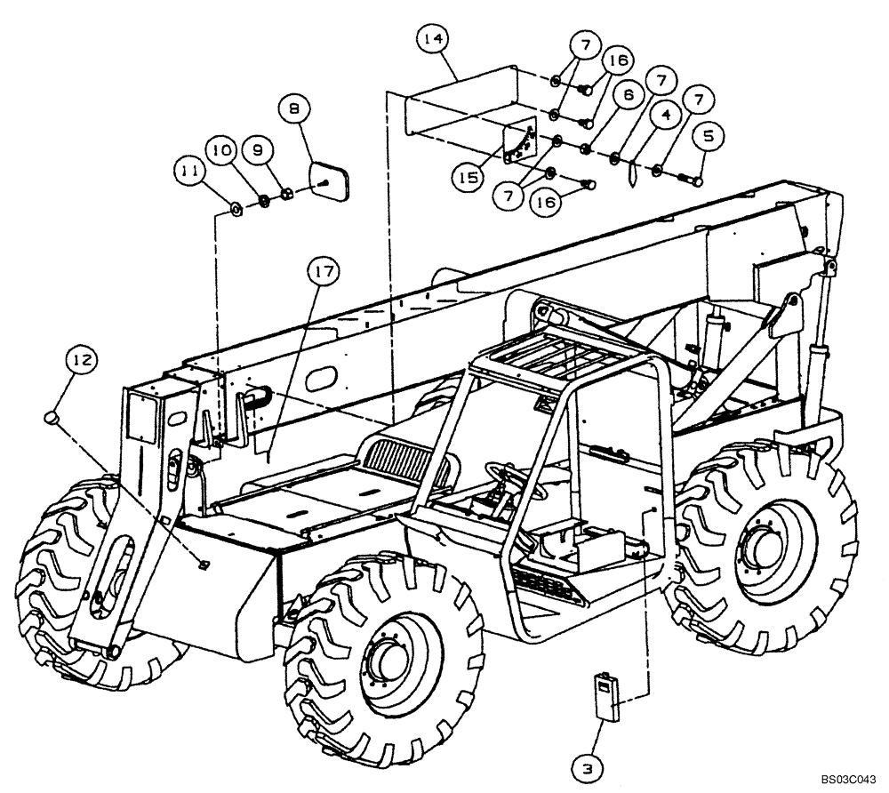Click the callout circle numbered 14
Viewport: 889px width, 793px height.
click(435, 39)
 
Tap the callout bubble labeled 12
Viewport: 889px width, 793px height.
click(82, 360)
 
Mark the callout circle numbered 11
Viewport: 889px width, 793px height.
click(188, 169)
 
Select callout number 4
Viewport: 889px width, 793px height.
click(666, 115)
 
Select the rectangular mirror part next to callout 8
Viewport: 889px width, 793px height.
click(328, 180)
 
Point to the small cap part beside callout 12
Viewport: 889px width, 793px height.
click(52, 414)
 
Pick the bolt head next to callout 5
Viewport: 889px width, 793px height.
click(698, 182)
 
